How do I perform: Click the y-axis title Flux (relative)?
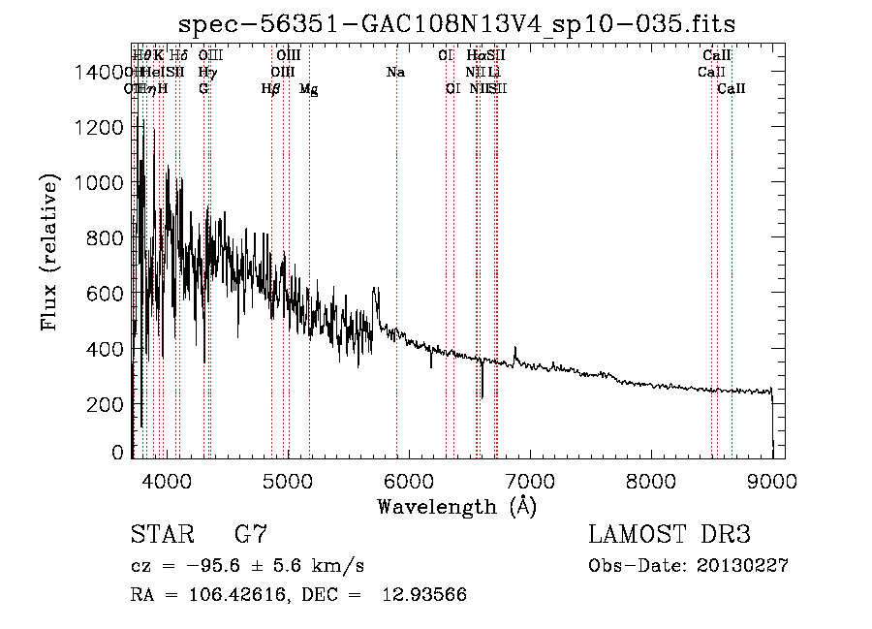point(50,254)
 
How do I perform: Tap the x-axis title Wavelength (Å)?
point(456,507)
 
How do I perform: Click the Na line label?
point(395,73)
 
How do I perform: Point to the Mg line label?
point(308,89)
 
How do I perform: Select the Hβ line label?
point(271,89)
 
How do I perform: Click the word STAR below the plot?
point(161,535)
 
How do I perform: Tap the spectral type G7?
point(251,535)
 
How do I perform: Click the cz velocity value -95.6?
point(187,566)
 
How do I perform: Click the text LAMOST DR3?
point(670,535)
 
